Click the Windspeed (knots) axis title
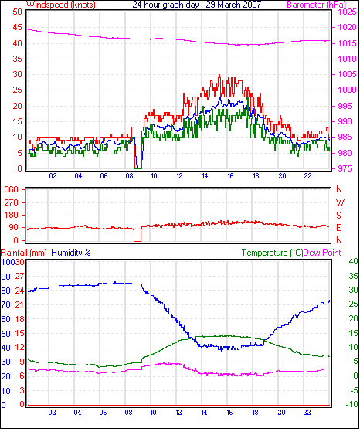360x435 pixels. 61,5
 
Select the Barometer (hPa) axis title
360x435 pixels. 317,5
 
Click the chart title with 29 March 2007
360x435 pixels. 197,5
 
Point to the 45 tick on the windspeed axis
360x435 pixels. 18,27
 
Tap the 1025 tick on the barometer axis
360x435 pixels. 347,12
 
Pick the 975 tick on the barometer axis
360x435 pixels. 345,168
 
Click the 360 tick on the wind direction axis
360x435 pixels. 12,189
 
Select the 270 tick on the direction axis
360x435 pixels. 12,202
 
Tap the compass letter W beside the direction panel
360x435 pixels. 340,202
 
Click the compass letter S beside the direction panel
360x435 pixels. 338,215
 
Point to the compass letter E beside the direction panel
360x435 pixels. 338,228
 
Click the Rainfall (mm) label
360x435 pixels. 24,253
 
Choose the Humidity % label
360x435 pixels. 71,253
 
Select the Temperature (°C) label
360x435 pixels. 272,253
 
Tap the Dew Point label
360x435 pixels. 322,253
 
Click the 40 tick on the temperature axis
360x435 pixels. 353,261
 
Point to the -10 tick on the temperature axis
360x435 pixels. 352,404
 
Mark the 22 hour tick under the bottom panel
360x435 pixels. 307,413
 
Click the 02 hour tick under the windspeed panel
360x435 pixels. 53,176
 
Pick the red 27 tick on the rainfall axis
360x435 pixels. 19,276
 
